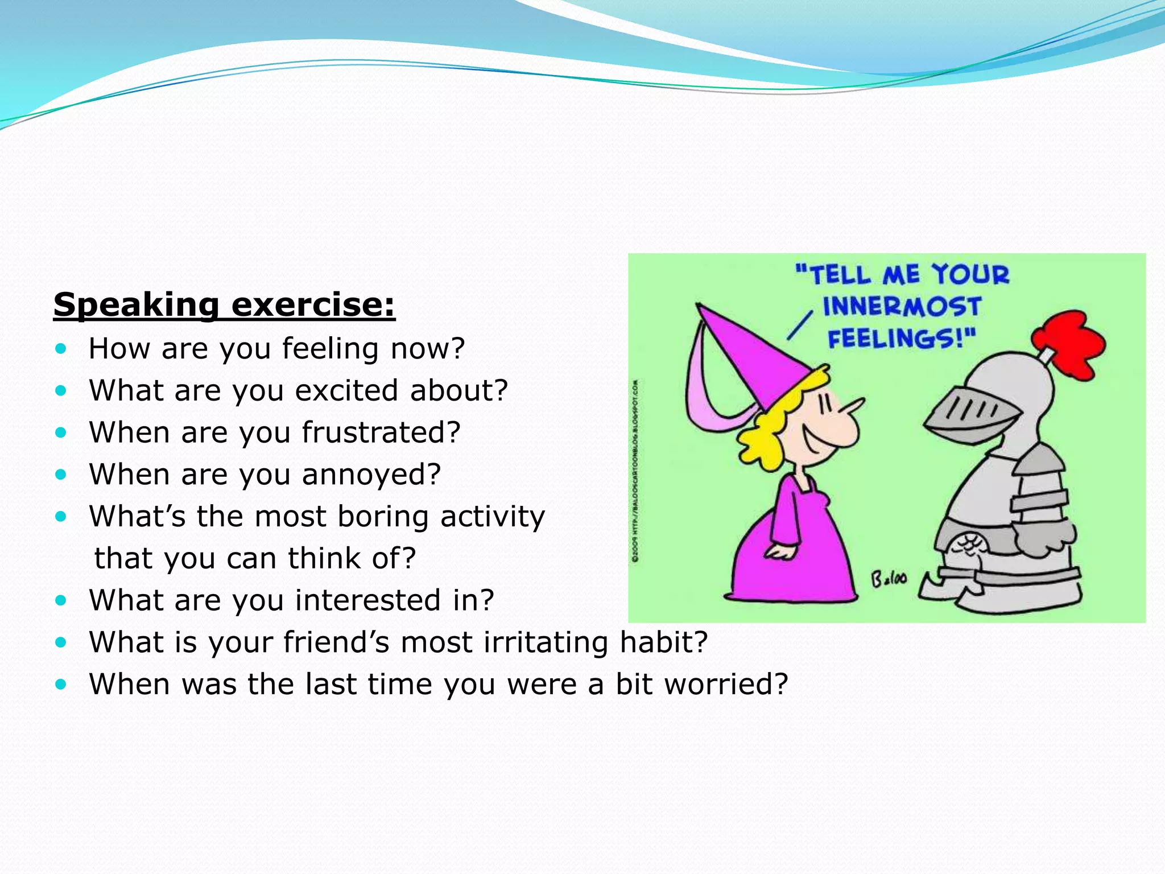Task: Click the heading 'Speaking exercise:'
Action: tap(224, 304)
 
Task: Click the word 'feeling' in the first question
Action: tap(331, 348)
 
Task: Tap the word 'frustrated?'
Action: tap(381, 432)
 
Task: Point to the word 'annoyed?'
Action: tap(371, 474)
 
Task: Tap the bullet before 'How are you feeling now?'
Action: tap(61, 348)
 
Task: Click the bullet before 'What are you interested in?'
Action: tap(61, 600)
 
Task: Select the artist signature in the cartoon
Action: tap(890, 579)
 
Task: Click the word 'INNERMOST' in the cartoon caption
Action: tap(902, 307)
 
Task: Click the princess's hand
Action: tap(779, 552)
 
